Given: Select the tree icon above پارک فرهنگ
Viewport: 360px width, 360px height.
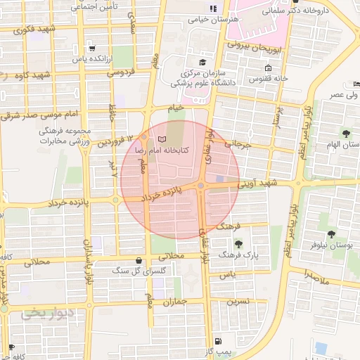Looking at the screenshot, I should click(x=239, y=243).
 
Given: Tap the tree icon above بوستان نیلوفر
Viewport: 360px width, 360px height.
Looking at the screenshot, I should click(x=331, y=234).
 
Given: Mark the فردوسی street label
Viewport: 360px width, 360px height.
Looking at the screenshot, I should click(x=120, y=72).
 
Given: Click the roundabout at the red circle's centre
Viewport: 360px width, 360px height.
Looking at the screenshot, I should click(x=201, y=185).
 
